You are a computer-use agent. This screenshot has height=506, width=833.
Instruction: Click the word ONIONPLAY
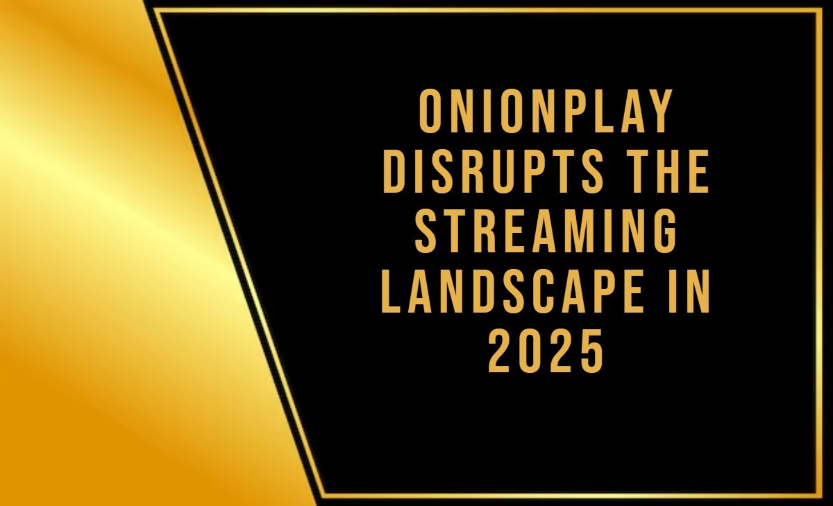546,113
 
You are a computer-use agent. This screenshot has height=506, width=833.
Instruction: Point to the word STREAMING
546,233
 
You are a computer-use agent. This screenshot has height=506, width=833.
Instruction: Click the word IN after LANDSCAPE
687,293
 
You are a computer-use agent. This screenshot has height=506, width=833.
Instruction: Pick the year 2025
546,352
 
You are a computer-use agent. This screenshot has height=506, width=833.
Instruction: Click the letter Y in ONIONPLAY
660,113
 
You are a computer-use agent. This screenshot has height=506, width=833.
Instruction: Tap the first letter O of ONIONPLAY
433,113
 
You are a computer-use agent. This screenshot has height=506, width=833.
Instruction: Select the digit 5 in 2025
589,352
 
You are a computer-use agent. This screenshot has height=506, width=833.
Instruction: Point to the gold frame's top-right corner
822,10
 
